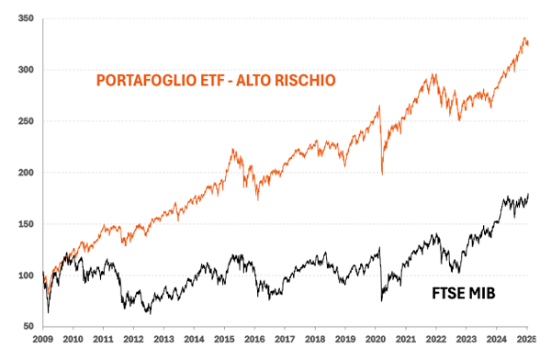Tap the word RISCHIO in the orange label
pos(304,81)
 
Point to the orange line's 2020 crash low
pos(381,174)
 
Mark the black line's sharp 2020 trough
pos(380,299)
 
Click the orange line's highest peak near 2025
pos(524,39)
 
